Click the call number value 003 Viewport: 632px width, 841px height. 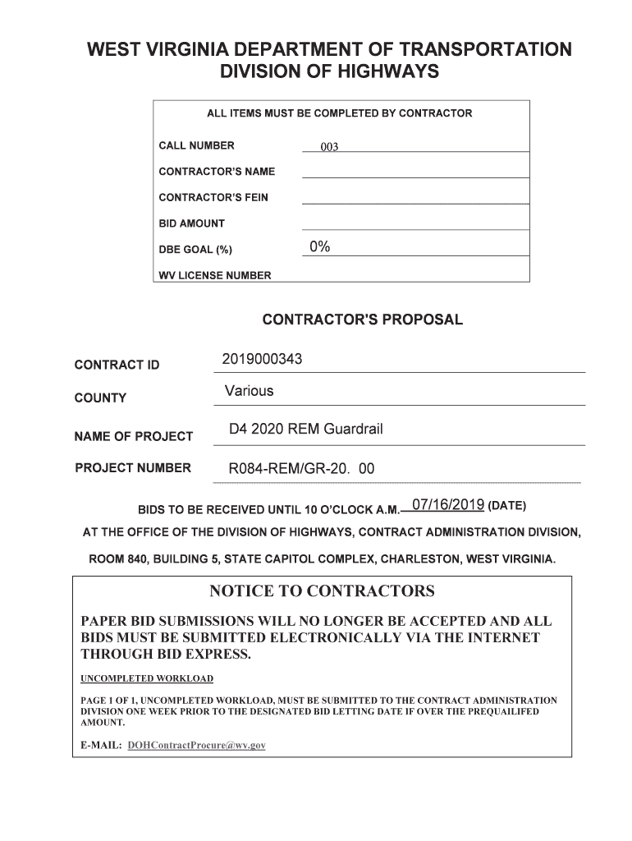click(x=329, y=147)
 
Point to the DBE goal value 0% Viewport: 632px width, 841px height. click(x=320, y=248)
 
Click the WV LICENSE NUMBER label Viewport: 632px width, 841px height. click(x=214, y=276)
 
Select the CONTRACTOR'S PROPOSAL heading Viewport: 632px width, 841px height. click(x=362, y=319)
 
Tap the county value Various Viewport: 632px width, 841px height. click(x=250, y=391)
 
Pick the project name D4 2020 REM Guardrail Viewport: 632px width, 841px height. click(x=306, y=430)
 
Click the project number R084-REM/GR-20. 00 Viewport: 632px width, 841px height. click(x=301, y=469)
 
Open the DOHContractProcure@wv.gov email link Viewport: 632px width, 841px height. click(x=197, y=745)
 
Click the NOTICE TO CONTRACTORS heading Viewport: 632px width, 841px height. click(x=322, y=591)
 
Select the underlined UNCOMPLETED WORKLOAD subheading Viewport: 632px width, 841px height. click(x=147, y=678)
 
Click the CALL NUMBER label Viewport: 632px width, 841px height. click(x=196, y=145)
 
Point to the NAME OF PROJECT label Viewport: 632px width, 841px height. click(x=134, y=436)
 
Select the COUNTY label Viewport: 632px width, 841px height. click(x=100, y=398)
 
